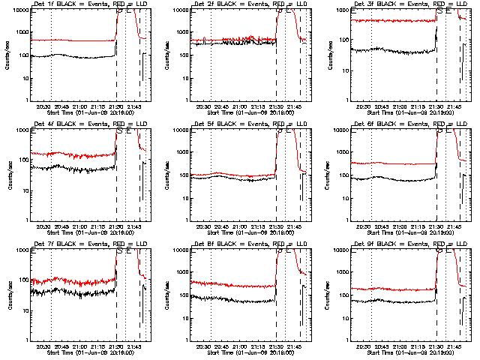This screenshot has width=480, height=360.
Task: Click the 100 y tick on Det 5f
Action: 187,175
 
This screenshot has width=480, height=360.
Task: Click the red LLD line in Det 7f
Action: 75,282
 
